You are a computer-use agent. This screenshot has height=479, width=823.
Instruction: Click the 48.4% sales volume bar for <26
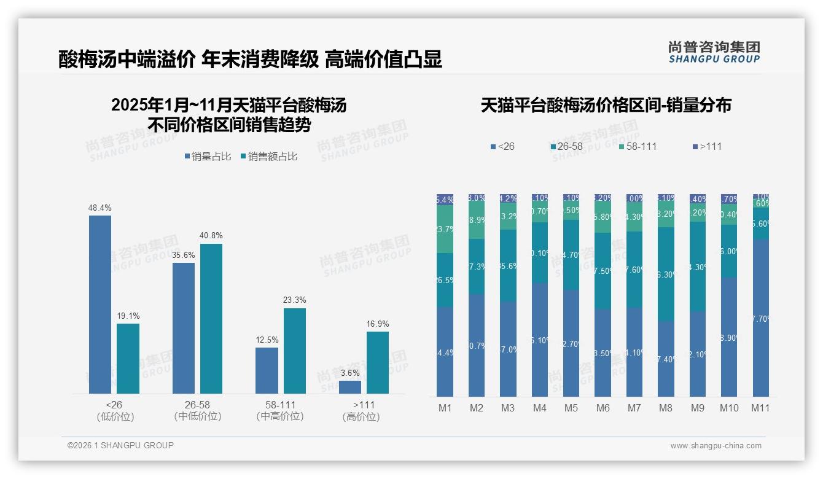point(100,304)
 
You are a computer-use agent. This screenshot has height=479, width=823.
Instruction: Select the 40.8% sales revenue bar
point(211,318)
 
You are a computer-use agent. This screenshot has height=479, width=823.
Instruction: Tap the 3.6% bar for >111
point(350,387)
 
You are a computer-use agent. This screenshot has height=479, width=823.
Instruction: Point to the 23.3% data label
point(295,300)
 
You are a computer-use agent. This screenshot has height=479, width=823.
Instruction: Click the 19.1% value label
point(128,316)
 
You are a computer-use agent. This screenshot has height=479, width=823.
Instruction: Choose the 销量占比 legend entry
point(208,157)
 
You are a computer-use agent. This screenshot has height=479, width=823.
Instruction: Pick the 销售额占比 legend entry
point(270,157)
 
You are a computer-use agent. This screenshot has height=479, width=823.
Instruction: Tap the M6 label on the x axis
point(603,408)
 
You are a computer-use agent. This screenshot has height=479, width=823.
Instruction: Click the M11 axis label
point(761,408)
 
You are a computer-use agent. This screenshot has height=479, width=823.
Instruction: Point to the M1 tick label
point(445,408)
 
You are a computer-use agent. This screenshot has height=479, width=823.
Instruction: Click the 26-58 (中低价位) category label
point(198,411)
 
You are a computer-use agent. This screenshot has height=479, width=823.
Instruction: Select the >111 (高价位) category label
point(361,411)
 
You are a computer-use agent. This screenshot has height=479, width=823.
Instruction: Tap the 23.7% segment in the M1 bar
point(445,229)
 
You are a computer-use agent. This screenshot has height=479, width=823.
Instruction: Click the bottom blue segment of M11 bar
point(761,318)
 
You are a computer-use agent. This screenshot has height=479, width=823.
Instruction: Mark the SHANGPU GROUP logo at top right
point(714,52)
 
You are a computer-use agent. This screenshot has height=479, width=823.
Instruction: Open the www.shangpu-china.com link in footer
point(716,446)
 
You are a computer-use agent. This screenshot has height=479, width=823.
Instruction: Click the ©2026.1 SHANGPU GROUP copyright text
point(120,445)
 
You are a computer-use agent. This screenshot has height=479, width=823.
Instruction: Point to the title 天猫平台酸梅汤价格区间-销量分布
point(606,106)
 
